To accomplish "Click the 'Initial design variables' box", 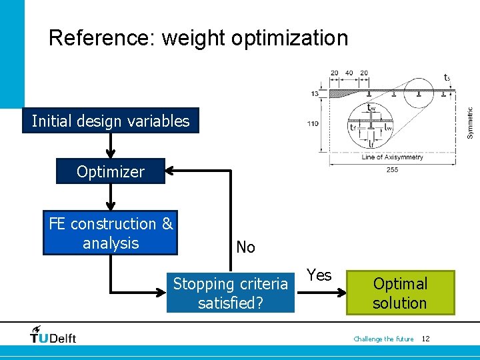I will (x=111, y=121).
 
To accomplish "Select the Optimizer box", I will (x=111, y=171).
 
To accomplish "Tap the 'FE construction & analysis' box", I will (x=111, y=233).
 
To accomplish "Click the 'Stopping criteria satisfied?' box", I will (x=230, y=293).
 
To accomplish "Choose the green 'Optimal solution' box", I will (x=400, y=293).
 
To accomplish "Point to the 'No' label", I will (x=245, y=247).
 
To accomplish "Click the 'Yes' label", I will (x=319, y=275).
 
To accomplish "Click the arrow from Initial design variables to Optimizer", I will (x=111, y=145).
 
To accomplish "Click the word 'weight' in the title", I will (x=194, y=38).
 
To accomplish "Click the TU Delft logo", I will (x=53, y=335).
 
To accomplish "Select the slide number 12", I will (x=425, y=339).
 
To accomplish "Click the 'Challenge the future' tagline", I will (x=383, y=339).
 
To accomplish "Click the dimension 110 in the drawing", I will (x=312, y=123).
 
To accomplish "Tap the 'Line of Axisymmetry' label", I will (x=392, y=157).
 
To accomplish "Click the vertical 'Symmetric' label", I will (x=469, y=123).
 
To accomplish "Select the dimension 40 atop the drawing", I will (x=349, y=73).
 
